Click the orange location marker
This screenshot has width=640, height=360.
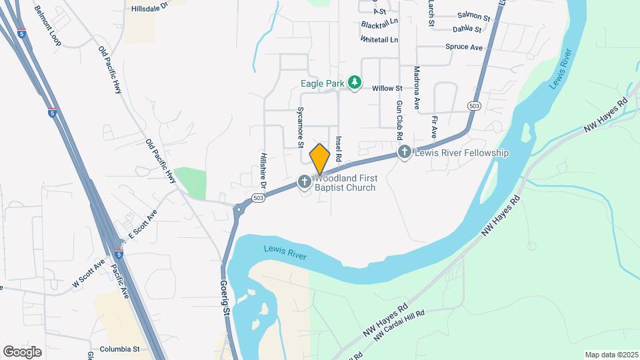coord(320,159)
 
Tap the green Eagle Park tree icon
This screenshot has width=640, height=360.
coord(356,82)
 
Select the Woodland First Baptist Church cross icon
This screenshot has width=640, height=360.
coord(304,181)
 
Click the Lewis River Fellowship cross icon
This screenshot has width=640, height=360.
coord(404,153)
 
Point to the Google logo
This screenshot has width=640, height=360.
coord(22,351)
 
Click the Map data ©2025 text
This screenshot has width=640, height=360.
coord(611,354)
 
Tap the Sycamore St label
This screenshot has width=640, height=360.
coord(301,126)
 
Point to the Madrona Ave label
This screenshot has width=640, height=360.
coord(417,87)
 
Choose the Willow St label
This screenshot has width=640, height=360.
coord(387,88)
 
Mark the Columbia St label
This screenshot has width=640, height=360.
coord(119,349)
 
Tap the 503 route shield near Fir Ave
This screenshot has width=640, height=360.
coord(474,106)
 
